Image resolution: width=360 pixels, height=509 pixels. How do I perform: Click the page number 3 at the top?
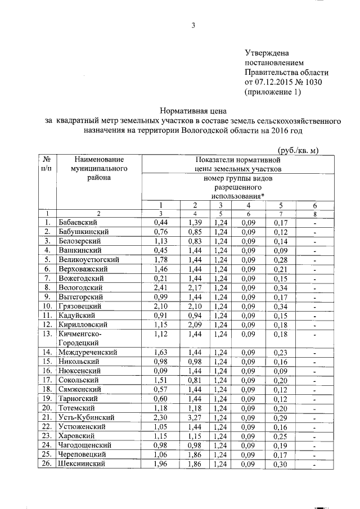click(193, 25)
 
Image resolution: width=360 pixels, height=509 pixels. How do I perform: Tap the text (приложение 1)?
click(273, 92)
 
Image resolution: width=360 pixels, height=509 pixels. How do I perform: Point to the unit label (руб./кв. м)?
click(299, 150)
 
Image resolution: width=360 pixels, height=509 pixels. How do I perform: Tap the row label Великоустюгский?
click(88, 260)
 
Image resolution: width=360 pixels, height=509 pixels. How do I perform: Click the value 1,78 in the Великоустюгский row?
click(161, 260)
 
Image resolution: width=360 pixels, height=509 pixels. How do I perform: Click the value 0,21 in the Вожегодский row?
click(161, 278)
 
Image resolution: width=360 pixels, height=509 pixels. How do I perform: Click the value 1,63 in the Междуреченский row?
click(161, 352)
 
